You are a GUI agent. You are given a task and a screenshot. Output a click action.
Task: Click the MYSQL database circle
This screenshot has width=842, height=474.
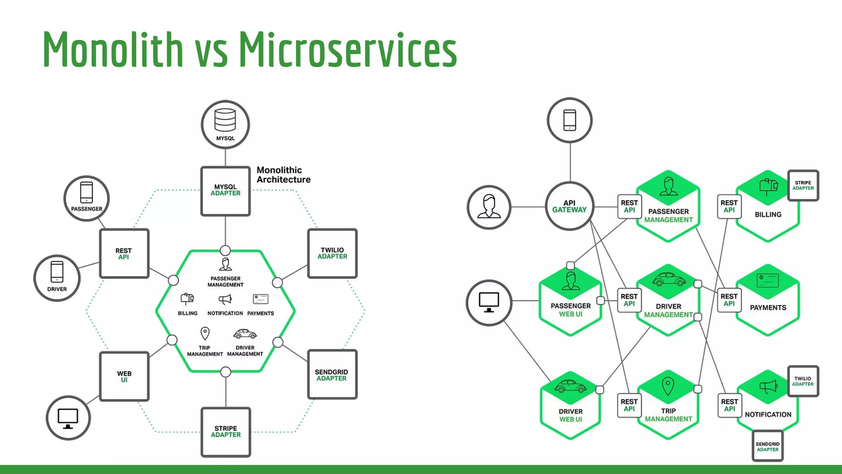(225, 124)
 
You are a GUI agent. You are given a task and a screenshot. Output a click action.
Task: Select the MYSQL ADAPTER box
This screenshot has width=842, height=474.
(225, 191)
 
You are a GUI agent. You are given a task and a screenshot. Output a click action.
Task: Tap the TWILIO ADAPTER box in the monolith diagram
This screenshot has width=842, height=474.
(332, 253)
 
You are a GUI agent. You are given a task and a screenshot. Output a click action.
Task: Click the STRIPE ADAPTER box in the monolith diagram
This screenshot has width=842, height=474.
(226, 432)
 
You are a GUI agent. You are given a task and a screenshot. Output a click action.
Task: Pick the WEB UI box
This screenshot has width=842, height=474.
(124, 376)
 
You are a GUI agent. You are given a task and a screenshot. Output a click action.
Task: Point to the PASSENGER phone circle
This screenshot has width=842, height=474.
(86, 198)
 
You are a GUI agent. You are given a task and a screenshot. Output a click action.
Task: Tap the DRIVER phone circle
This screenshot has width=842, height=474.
(57, 278)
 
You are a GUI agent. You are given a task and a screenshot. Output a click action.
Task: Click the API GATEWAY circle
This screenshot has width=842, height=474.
(569, 206)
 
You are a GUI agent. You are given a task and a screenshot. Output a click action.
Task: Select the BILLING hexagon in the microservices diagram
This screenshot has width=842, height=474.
(768, 208)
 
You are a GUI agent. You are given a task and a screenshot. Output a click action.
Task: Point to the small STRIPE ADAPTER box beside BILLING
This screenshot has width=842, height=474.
(803, 185)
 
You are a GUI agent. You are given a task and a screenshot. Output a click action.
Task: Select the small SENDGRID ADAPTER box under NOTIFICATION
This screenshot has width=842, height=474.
(767, 446)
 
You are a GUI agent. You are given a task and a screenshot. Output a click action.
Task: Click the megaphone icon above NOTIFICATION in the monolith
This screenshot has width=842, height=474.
(225, 300)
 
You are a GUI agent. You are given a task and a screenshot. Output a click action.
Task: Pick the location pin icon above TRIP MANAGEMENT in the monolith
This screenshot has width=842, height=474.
(205, 333)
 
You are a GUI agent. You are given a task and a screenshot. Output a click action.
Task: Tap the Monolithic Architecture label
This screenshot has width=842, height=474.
(283, 175)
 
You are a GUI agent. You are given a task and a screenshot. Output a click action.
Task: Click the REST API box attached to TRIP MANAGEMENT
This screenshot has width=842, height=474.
(629, 405)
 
